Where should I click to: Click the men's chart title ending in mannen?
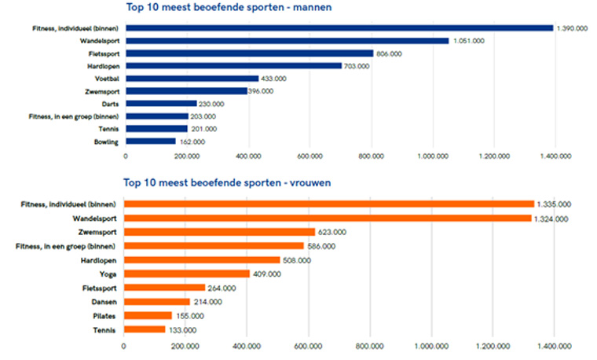229,8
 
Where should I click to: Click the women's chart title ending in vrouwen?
229,183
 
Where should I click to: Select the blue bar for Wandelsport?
287,41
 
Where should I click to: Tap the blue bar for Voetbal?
192,79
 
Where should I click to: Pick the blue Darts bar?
160,104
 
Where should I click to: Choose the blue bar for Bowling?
150,141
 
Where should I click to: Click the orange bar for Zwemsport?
219,232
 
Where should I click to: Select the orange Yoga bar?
187,274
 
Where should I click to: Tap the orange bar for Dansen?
157,301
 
